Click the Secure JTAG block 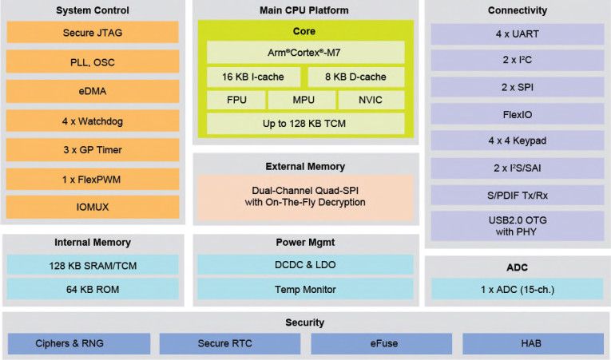92,33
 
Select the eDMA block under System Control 92,91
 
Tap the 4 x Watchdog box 92,121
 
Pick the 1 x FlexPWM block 92,179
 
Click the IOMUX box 92,208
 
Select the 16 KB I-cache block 253,77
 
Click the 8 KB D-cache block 356,77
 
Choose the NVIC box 371,101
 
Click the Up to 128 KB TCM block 305,124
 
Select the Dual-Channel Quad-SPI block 305,196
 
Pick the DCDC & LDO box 305,264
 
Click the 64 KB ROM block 92,289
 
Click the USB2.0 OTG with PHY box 517,226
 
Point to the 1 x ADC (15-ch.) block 517,289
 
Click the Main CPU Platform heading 305,10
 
